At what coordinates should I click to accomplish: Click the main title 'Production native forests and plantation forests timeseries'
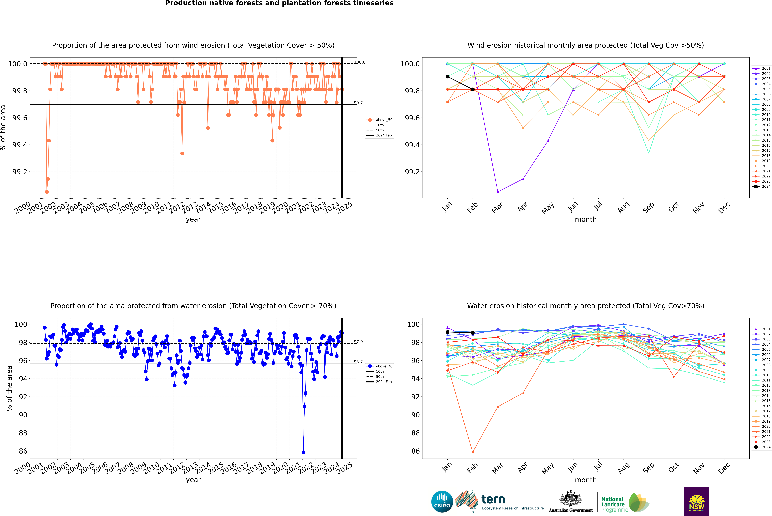click(279, 3)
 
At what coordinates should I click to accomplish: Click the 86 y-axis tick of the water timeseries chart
click(23, 451)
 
